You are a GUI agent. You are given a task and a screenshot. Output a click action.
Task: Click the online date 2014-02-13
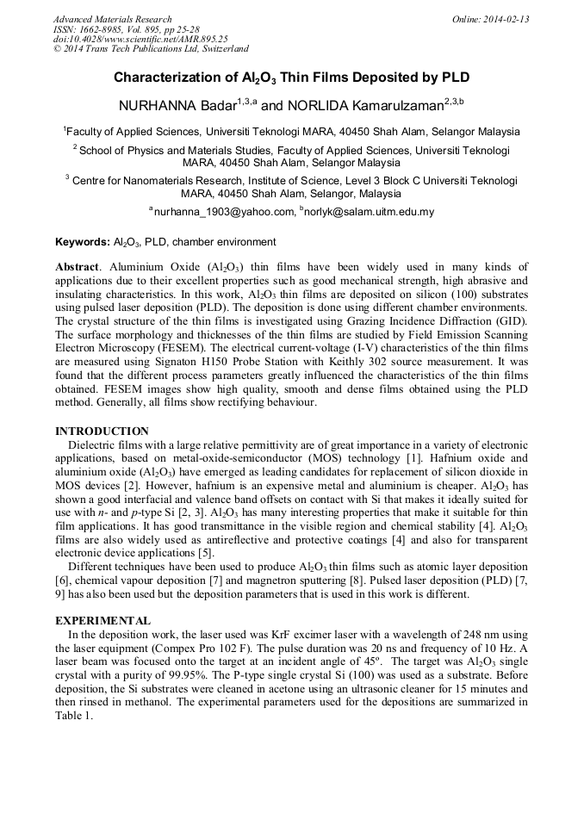tap(504, 19)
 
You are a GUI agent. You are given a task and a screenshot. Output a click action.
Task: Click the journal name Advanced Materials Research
tap(112, 19)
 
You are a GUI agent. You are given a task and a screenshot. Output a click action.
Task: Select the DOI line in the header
tap(140, 39)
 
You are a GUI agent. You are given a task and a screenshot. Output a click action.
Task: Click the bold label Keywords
tap(82, 242)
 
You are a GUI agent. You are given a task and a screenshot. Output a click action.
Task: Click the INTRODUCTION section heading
tap(102, 431)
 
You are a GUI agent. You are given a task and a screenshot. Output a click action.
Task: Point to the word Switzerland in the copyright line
tap(223, 49)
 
